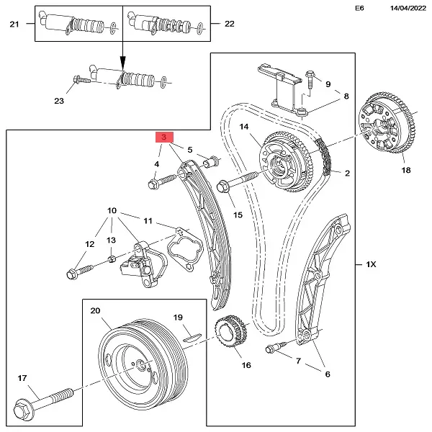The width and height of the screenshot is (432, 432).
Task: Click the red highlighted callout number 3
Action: pos(164,137)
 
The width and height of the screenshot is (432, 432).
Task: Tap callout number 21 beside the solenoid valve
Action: pos(14,24)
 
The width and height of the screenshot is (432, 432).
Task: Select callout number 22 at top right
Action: pos(229,24)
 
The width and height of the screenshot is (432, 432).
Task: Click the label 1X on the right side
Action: pos(371,266)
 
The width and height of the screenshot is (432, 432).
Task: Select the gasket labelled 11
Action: pos(180,248)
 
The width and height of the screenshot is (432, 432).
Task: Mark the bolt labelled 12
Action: pos(78,271)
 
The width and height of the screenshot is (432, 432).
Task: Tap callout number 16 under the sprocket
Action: pos(246,365)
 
